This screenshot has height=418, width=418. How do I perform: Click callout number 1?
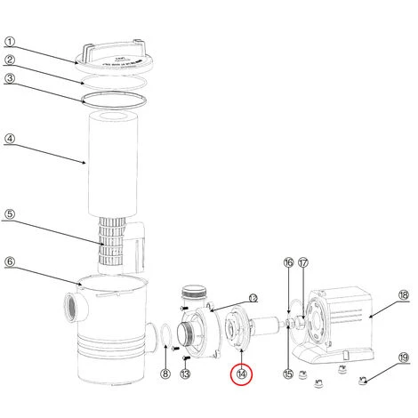point(10,42)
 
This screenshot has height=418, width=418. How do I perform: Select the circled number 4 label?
point(10,139)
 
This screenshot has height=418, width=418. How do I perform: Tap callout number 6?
point(10,261)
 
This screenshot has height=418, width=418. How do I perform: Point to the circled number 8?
point(165,374)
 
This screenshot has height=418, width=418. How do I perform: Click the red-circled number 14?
point(242,374)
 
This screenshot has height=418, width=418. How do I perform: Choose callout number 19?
point(404,358)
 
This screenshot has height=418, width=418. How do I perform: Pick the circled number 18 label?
point(404,295)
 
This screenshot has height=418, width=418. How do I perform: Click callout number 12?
point(253,298)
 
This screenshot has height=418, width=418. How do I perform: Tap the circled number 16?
point(288,262)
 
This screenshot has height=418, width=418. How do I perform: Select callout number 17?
point(303,262)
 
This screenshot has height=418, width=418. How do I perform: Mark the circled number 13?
point(185,374)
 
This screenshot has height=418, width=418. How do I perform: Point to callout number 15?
point(288,374)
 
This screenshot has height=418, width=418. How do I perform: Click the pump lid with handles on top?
point(114,58)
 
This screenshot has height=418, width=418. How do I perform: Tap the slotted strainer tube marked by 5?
point(111,242)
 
